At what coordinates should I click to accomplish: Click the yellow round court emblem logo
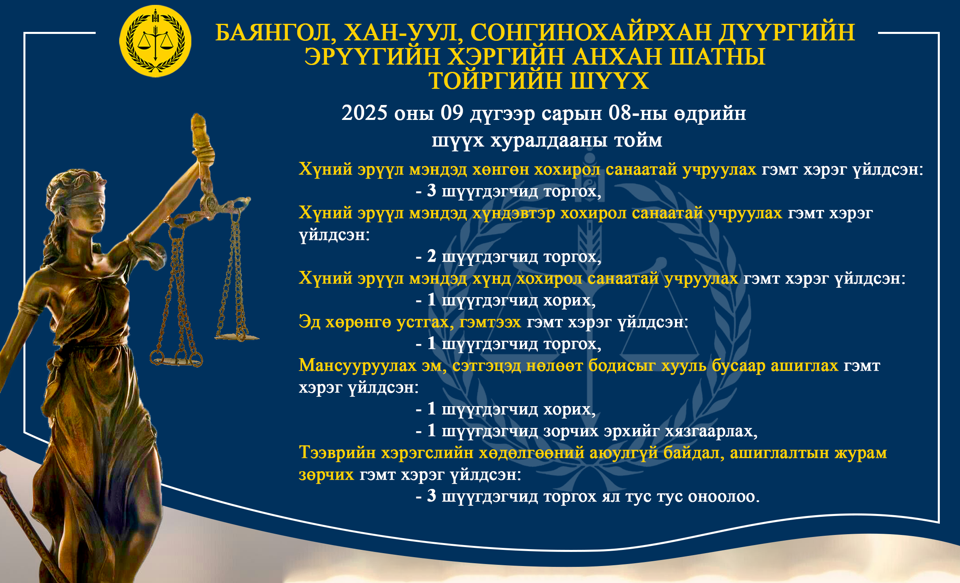point(155,41)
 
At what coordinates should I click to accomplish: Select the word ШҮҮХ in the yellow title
point(609,81)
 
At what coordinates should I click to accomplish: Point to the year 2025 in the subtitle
point(365,113)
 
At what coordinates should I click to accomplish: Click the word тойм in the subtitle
point(638,140)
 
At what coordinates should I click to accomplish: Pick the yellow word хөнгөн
point(501,170)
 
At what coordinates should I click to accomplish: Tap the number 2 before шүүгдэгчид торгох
point(432,256)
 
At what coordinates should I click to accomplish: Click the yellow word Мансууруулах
point(357,366)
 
